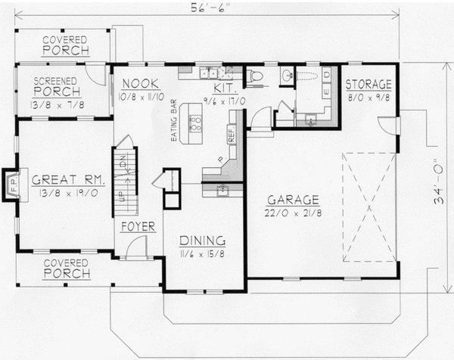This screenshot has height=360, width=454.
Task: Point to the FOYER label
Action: (138, 226)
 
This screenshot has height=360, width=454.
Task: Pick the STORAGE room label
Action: (368, 84)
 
